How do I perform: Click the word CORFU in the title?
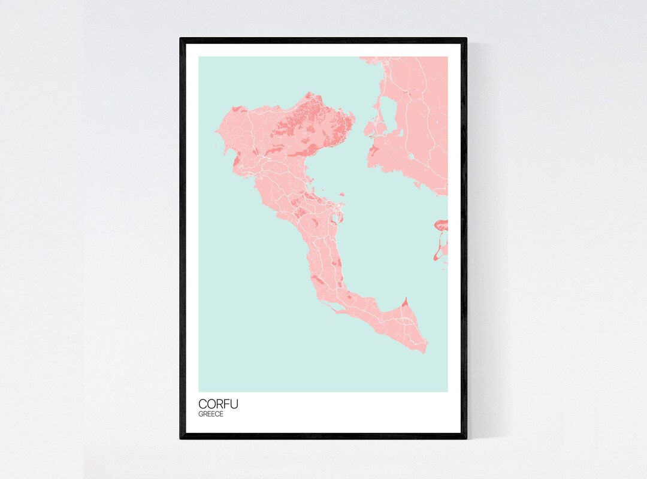pyautogui.click(x=218, y=404)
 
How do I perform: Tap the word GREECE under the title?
pyautogui.click(x=211, y=414)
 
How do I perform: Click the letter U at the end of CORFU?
pyautogui.click(x=234, y=404)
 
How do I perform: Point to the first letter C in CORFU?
pyautogui.click(x=202, y=404)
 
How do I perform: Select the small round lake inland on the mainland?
pyautogui.click(x=412, y=157)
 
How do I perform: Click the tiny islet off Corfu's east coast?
pyautogui.click(x=342, y=194)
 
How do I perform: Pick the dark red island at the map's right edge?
pyautogui.click(x=441, y=225)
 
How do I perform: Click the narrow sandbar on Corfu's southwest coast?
pyautogui.click(x=328, y=307)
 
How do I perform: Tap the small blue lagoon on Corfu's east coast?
pyautogui.click(x=335, y=213)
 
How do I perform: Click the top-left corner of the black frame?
pyautogui.click(x=182, y=40)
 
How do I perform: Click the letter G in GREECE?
pyautogui.click(x=201, y=414)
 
